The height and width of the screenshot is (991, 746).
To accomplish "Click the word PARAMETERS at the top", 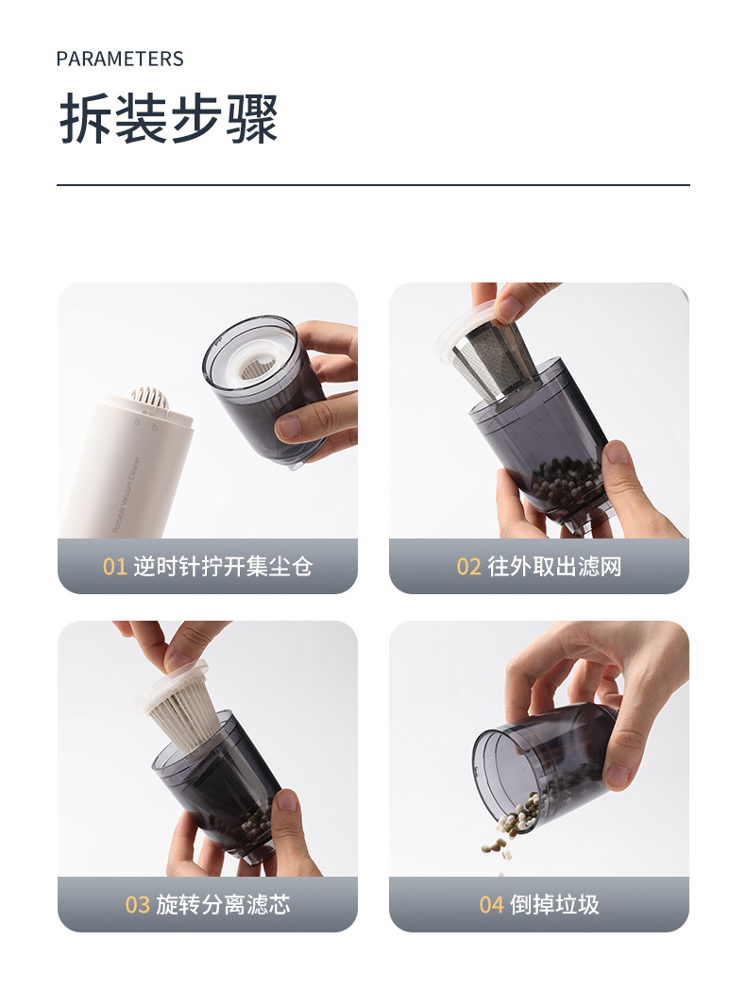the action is point(120,59).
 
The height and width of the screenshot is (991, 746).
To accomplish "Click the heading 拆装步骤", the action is point(169,119).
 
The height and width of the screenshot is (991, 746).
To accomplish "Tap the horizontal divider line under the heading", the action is point(373,185).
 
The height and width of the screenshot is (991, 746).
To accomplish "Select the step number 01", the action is point(115,566).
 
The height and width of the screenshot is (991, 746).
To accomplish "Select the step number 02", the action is point(468,566).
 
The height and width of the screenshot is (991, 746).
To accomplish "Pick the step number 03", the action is point(137,904).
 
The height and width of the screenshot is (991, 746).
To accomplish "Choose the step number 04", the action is point(491,904).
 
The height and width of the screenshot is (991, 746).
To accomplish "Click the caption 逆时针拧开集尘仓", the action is point(223,566).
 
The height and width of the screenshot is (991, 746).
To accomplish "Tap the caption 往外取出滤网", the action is point(554,566).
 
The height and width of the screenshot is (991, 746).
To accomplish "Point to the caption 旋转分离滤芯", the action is point(223,904).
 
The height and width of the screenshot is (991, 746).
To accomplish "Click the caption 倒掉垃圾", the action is point(554,904).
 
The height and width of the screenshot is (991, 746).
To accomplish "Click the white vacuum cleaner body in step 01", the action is point(129,468).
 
